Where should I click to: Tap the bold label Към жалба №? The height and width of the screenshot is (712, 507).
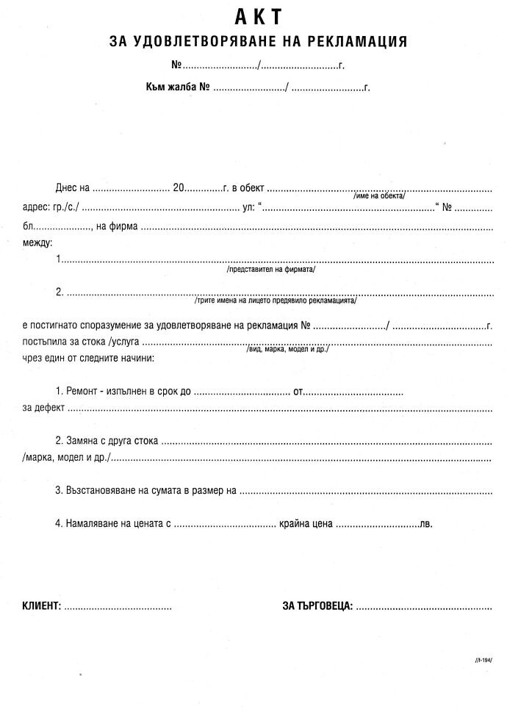point(179,88)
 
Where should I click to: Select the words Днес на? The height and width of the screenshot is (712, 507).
point(72,187)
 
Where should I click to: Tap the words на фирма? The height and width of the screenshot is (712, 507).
point(117,226)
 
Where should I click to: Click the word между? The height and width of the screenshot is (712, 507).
point(37,242)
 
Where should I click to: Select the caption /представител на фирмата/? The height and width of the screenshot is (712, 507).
point(271,270)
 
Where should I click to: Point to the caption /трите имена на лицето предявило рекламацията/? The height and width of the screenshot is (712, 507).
point(276,301)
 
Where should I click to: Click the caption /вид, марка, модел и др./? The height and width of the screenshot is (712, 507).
point(287,350)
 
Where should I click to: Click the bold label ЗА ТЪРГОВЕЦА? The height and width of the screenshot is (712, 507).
point(317,607)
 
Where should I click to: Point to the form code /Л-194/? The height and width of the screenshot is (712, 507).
point(483,661)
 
